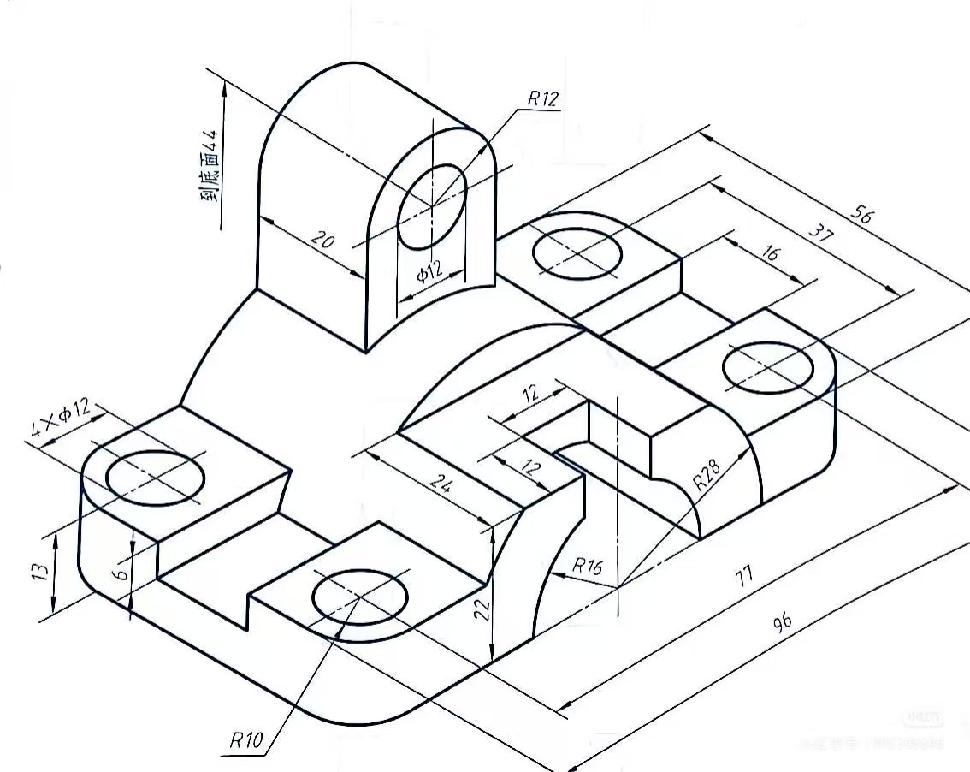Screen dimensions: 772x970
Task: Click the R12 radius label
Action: [x=542, y=98]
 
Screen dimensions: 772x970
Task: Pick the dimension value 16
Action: [x=770, y=253]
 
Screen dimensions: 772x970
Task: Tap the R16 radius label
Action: [x=588, y=566]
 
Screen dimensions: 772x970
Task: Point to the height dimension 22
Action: [x=482, y=609]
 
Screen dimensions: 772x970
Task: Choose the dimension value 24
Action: [x=441, y=484]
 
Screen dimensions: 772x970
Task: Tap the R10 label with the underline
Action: [x=246, y=739]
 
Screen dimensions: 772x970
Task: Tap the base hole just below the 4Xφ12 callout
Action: [x=157, y=477]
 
